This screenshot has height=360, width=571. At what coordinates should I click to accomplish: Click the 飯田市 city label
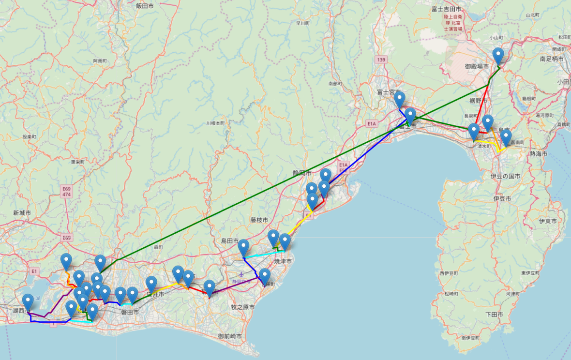pos(145,6)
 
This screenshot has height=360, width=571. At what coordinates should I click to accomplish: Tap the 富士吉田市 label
pos(447,9)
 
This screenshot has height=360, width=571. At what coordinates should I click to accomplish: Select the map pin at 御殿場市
pos(498,56)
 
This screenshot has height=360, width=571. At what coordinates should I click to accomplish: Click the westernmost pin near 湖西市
pos(28,301)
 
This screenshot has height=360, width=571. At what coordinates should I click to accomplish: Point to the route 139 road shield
pos(381,59)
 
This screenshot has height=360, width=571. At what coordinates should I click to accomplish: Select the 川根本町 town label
pos(215,123)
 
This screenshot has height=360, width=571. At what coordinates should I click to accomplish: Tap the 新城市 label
pos(22,213)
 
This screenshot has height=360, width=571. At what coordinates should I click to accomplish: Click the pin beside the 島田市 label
pos(243,248)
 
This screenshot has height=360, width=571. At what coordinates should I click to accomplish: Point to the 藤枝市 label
pos(259,220)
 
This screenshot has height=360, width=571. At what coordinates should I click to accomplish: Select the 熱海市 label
pos(538,154)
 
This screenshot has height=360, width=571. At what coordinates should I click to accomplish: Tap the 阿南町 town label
pos(100,61)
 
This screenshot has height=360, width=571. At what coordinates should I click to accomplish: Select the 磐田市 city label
pos(130,313)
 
